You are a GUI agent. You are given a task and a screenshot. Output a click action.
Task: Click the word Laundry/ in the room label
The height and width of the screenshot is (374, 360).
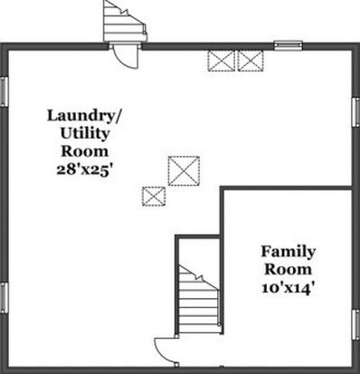(x=84, y=116)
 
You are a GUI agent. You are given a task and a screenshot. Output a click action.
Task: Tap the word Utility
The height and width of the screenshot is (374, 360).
(x=85, y=134)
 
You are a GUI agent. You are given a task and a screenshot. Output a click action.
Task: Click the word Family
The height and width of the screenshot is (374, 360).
(x=289, y=253)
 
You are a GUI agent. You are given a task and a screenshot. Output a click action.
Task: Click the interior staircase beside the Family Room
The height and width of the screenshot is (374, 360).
(x=199, y=299)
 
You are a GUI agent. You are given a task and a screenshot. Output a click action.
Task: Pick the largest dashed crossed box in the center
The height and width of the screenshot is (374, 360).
(x=184, y=170)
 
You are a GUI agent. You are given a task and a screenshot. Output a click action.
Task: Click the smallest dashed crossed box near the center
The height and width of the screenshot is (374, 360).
(x=154, y=197)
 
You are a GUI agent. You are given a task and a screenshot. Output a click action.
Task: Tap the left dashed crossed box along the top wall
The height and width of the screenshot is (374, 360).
(x=222, y=61)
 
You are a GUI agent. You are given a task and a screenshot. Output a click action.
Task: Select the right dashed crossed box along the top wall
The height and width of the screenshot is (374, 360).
(x=251, y=61)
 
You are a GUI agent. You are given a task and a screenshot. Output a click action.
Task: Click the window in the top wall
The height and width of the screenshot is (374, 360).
(x=289, y=45)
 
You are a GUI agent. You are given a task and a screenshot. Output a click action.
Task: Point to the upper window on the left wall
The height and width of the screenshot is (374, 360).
(x=4, y=91)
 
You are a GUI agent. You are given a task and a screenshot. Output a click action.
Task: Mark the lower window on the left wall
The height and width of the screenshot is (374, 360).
(x=4, y=298)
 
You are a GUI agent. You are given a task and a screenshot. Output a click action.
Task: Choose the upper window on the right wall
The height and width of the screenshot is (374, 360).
(x=356, y=111)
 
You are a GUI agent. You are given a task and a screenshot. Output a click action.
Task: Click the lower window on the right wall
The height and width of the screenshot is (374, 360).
(x=356, y=325)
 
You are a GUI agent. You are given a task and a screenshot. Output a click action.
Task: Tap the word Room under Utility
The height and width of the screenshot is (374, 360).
(x=85, y=151)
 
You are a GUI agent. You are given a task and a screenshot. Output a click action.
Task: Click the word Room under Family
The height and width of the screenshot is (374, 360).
(x=289, y=270)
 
